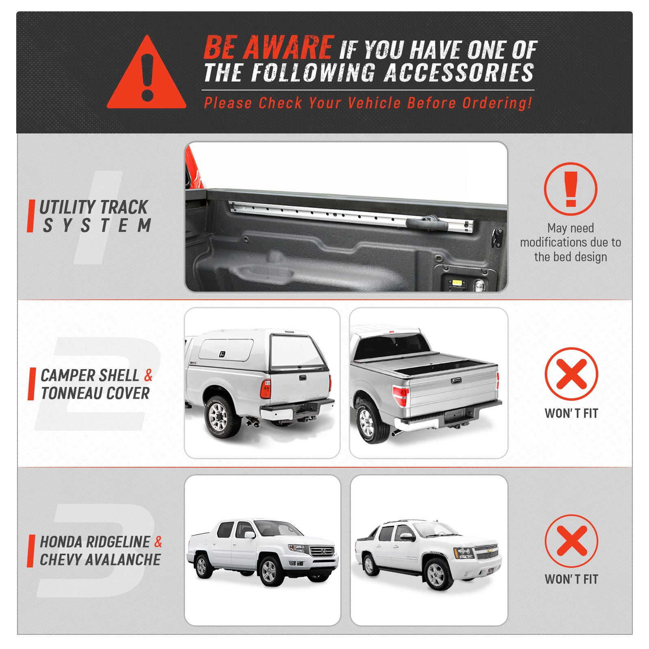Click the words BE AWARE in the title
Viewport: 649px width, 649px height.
(x=268, y=48)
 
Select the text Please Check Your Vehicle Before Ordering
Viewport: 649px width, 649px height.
(x=368, y=103)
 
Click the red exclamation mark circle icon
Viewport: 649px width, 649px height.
(x=571, y=189)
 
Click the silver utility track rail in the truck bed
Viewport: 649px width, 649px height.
(x=325, y=213)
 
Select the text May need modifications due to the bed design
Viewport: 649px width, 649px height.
(x=571, y=242)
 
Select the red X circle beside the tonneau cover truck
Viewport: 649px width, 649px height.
(x=571, y=374)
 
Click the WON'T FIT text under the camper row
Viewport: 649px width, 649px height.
(x=571, y=414)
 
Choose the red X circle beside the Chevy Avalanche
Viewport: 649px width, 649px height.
(x=571, y=541)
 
